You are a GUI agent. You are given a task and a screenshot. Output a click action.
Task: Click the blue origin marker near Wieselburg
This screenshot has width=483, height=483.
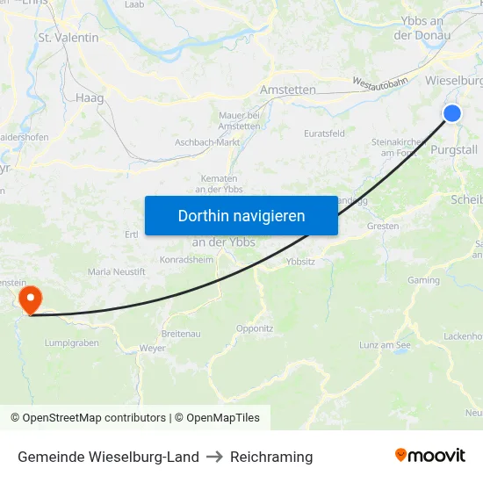tap(452, 113)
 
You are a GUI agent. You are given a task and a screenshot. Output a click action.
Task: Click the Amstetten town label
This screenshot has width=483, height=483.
tap(288, 90)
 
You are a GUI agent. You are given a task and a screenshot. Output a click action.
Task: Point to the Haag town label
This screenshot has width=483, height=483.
tap(90, 98)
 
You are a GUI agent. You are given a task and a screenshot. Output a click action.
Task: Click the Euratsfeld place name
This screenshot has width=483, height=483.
tap(324, 133)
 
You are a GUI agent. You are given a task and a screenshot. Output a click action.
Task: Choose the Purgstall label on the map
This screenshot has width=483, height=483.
tap(455, 150)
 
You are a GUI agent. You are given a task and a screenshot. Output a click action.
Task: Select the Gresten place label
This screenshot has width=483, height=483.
tap(383, 226)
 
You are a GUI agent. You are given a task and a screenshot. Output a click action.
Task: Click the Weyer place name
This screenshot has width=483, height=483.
tap(152, 349)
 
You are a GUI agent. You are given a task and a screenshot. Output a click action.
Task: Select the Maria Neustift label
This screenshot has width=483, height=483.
tap(117, 272)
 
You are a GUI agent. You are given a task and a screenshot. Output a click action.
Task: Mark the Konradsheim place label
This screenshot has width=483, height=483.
tap(187, 260)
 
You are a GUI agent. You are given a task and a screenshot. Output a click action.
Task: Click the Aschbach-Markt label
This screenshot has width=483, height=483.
tap(207, 142)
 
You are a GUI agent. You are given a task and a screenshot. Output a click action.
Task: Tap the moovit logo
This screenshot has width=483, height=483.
tap(430, 456)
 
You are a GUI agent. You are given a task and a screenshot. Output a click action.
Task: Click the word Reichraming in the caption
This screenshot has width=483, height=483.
tap(271, 457)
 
